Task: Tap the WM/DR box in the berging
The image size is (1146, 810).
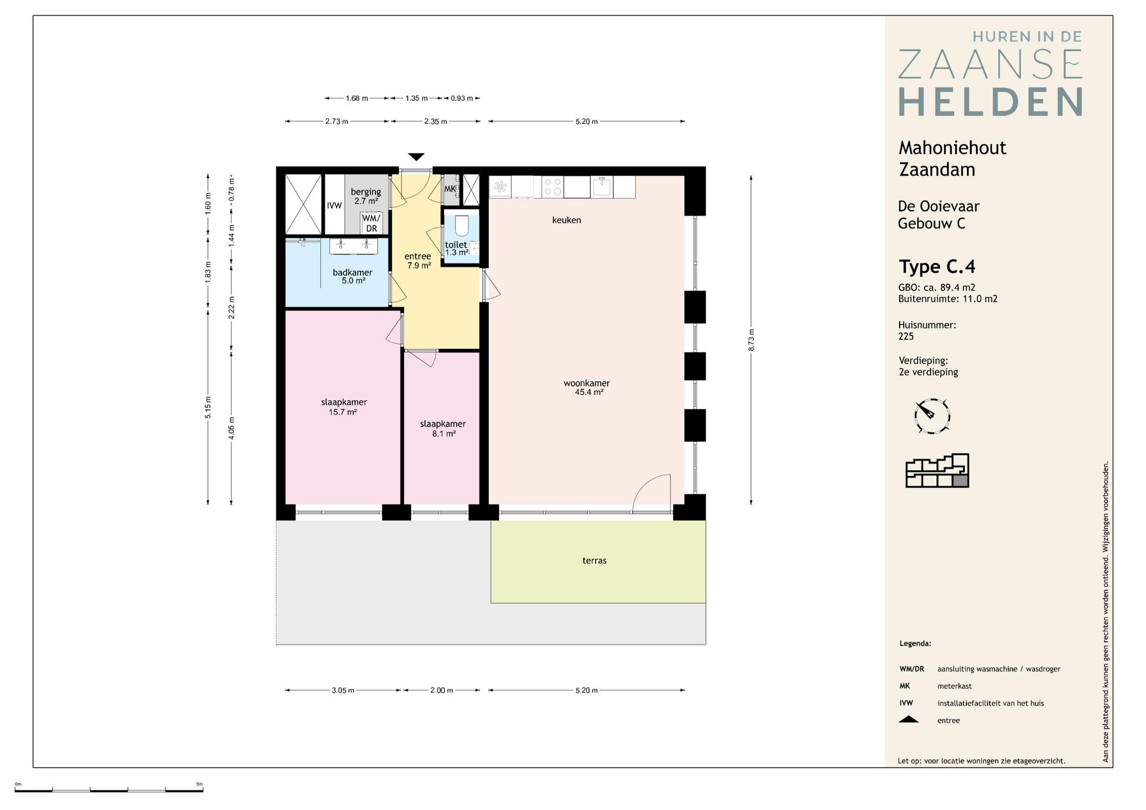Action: coord(371,223)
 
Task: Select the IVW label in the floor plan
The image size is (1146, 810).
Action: coord(334,206)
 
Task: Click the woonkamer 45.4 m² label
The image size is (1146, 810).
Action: coord(587,388)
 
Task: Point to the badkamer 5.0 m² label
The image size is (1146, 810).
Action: coord(353,277)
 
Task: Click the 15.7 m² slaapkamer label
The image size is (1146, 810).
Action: coord(344,407)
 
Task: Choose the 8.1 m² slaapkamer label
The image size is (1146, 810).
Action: coord(443,429)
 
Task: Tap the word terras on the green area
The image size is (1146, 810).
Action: coord(594,561)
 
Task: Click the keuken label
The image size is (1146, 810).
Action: coord(566,220)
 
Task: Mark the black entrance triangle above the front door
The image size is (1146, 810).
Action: coord(417,157)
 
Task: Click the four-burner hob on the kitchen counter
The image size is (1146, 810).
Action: coord(553,187)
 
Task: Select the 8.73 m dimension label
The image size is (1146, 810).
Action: coord(751,340)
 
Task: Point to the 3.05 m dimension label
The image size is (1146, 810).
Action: coord(343,690)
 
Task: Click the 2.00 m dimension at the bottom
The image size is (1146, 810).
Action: coord(442,690)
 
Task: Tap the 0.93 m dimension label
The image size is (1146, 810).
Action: coord(462,98)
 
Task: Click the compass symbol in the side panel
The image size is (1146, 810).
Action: coord(932,416)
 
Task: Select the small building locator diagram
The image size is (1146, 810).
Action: coord(937,471)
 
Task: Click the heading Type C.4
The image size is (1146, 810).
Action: coord(937,267)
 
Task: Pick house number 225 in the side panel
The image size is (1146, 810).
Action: coord(906,336)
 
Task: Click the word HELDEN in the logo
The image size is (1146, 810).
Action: coord(991,102)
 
